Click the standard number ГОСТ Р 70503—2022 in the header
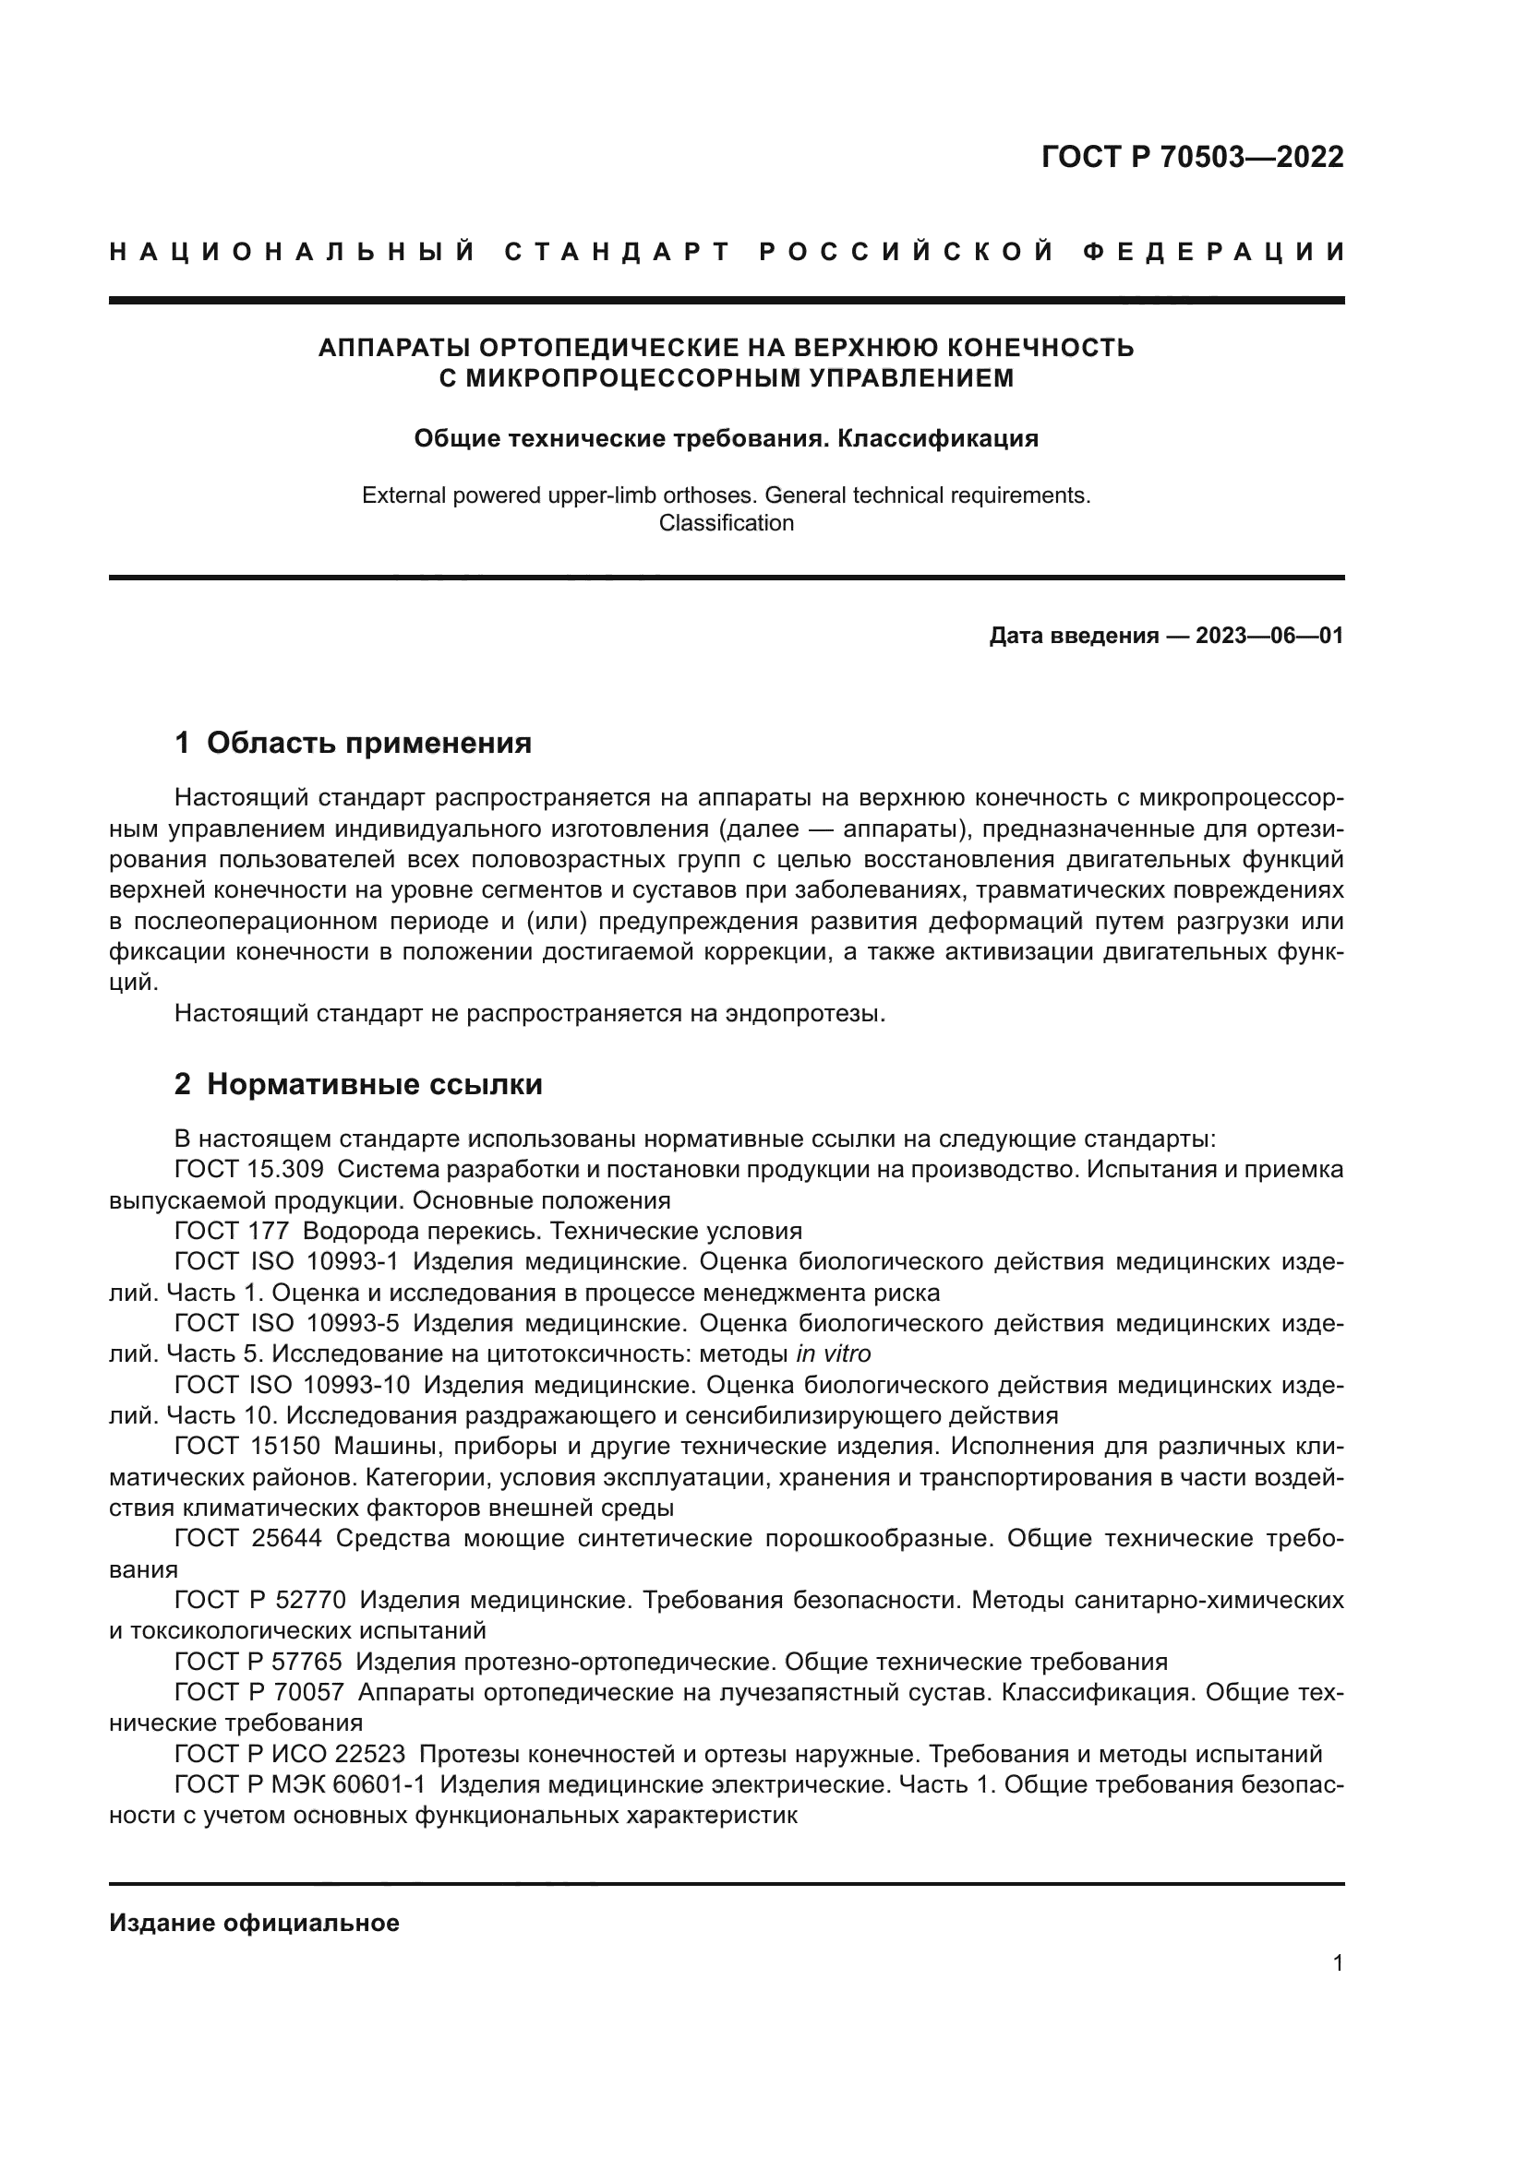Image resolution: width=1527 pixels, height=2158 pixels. click(x=1192, y=157)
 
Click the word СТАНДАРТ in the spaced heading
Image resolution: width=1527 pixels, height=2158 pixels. click(x=618, y=252)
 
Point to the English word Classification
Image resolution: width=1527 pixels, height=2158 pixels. click(x=726, y=523)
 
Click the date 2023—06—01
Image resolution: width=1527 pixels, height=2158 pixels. click(x=1269, y=637)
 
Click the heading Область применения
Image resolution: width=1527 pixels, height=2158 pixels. click(x=368, y=744)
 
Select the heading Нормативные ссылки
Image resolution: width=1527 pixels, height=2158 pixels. click(x=374, y=1085)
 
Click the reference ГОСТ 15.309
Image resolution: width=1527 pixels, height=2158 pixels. click(x=249, y=1170)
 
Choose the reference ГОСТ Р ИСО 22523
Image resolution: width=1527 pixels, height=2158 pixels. click(x=290, y=1754)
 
